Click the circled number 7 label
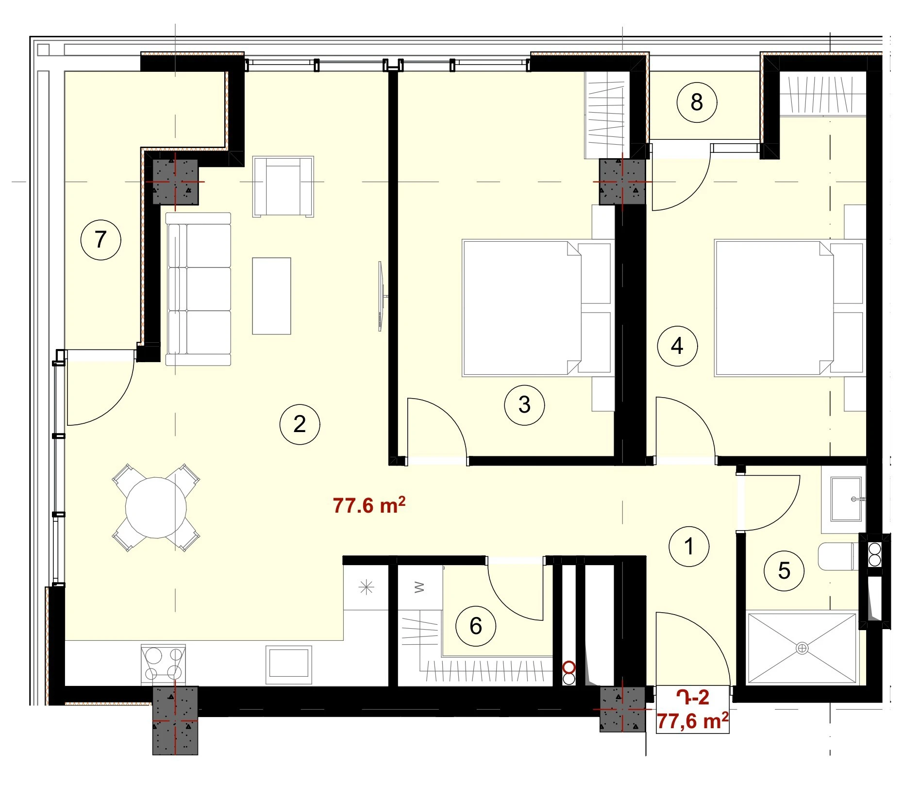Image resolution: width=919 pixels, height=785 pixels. pyautogui.click(x=100, y=239)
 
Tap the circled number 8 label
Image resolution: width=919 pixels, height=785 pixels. pyautogui.click(x=697, y=102)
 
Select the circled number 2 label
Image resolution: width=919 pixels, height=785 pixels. pyautogui.click(x=300, y=424)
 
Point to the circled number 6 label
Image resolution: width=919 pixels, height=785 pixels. pyautogui.click(x=476, y=626)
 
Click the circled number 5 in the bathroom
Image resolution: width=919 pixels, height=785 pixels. pyautogui.click(x=784, y=570)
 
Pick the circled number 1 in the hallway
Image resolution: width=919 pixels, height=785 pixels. pyautogui.click(x=689, y=546)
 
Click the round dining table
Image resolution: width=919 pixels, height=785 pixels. pyautogui.click(x=156, y=507)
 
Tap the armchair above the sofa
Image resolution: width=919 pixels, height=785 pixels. pyautogui.click(x=283, y=186)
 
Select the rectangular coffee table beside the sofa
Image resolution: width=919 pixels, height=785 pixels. pyautogui.click(x=271, y=296)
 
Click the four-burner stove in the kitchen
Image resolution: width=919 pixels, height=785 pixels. pyautogui.click(x=163, y=664)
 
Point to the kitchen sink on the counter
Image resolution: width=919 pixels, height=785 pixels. pyautogui.click(x=289, y=663)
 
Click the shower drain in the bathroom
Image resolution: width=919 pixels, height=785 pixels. pyautogui.click(x=802, y=648)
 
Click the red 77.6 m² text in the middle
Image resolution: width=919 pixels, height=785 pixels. pyautogui.click(x=369, y=505)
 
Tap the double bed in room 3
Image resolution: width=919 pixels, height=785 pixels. pyautogui.click(x=536, y=308)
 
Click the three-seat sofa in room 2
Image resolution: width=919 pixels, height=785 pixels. pyautogui.click(x=198, y=289)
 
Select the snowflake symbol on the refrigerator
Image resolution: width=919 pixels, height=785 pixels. pyautogui.click(x=366, y=587)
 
